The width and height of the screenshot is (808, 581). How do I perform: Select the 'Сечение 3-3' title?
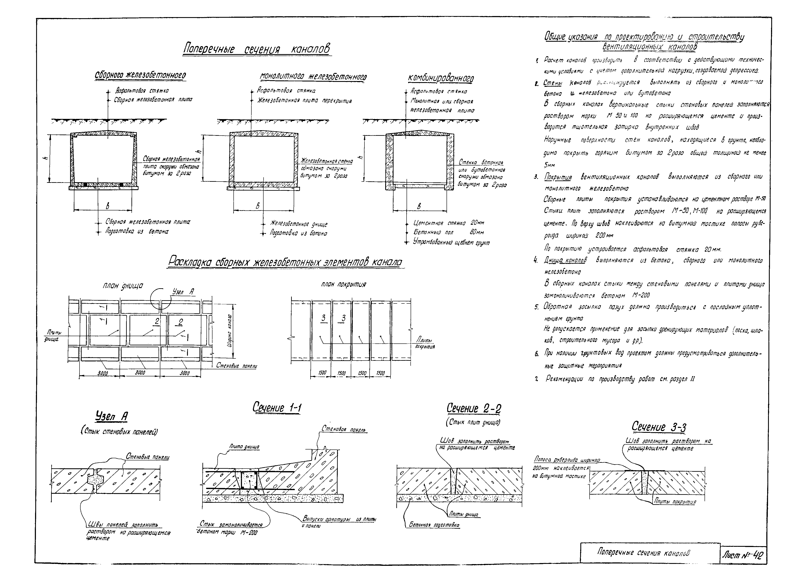659,427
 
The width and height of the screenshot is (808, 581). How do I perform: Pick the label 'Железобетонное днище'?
299,224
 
